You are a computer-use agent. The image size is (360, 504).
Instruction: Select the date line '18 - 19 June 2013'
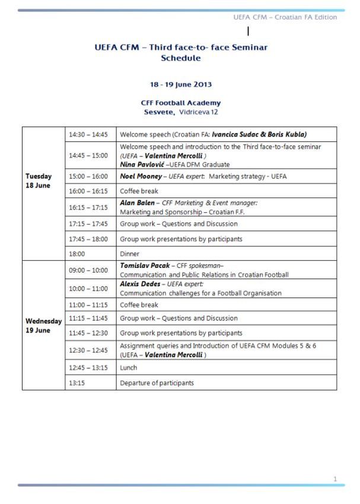[180, 85]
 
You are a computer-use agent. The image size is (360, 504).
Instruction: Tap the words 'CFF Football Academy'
[180, 103]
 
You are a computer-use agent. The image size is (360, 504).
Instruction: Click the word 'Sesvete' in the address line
[159, 112]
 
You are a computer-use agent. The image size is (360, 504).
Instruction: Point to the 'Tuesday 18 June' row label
[39, 180]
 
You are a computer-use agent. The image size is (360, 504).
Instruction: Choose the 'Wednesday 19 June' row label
[43, 326]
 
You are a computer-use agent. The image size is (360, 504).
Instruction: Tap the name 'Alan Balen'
[137, 203]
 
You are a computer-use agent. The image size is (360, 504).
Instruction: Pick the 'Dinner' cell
[130, 253]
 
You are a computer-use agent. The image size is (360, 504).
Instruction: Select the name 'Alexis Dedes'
[141, 284]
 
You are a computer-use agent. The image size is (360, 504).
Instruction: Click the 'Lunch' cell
[129, 368]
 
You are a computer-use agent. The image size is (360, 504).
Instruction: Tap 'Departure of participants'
[157, 383]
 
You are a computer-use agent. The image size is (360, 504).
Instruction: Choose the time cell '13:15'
[78, 383]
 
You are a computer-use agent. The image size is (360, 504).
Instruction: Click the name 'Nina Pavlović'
[142, 164]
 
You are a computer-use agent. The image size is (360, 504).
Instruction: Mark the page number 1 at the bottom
[335, 479]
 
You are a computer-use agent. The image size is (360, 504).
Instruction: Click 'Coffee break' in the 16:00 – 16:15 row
[139, 192]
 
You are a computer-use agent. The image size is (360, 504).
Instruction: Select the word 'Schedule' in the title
[180, 58]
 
